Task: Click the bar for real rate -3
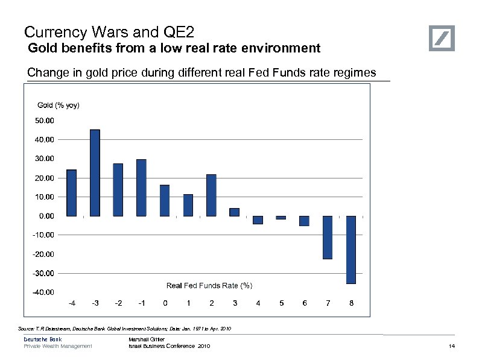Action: tap(95, 172)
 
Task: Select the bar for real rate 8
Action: tap(351, 250)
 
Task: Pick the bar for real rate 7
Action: tap(328, 238)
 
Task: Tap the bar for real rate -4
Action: tap(71, 192)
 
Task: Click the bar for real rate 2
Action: tap(211, 195)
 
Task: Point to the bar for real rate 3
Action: tap(235, 212)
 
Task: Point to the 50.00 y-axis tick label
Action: tap(45, 121)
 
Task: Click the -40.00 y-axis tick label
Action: tap(43, 292)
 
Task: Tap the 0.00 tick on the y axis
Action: tap(45, 215)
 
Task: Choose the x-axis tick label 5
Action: tap(281, 303)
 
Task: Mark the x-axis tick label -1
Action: tap(141, 303)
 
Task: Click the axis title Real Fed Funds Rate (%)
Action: tap(209, 285)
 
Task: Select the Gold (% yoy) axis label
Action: tap(59, 106)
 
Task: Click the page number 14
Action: tap(452, 346)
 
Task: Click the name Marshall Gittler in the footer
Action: tap(147, 340)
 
